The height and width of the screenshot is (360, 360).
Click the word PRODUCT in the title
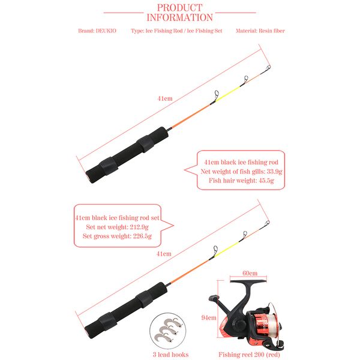coord(179,8)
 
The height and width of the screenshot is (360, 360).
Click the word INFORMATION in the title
coord(179,18)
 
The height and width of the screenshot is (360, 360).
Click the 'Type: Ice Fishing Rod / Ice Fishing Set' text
coord(176,31)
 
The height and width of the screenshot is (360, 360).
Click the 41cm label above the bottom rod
coord(163,254)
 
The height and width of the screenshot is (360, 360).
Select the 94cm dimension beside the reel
coord(208,317)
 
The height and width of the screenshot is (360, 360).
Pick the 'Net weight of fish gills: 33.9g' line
coord(241,172)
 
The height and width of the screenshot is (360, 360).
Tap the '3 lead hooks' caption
coord(171,355)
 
